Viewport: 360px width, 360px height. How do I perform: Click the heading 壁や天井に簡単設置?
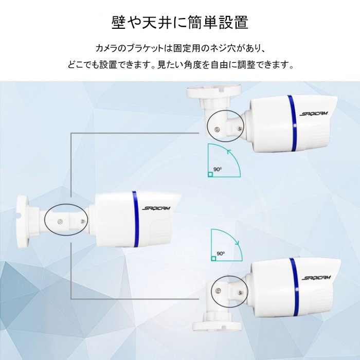pos(180,23)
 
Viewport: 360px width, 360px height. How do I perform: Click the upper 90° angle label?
pos(219,168)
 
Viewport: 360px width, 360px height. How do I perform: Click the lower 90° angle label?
pos(221,254)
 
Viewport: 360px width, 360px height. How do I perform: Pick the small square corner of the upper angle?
pos(210,174)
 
